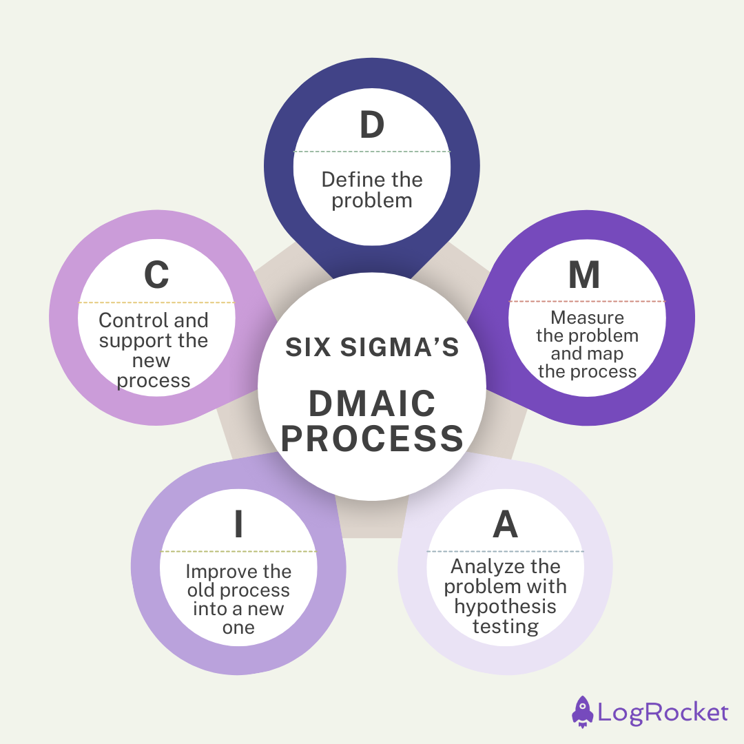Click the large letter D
pos(372,125)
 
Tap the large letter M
pos(584,275)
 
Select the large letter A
pos(505,526)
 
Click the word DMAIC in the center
pos(372,404)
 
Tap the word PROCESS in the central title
pos(372,439)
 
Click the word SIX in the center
pos(307,348)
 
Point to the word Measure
pos(587,318)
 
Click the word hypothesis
pos(505,607)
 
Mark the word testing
pos(505,627)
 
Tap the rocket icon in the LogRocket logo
pos(582,711)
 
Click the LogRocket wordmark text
pos(663,712)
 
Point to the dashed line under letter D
pos(372,152)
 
